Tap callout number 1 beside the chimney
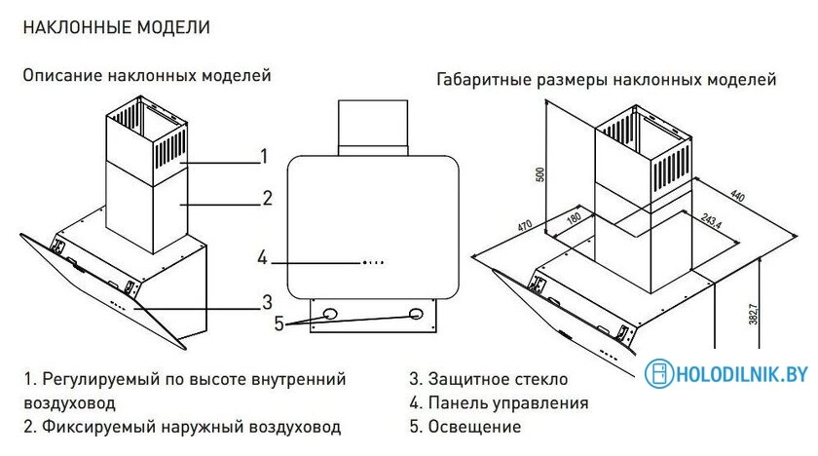click(x=263, y=156)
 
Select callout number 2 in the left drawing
click(x=267, y=199)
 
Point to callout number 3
click(x=266, y=300)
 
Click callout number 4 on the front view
click(x=262, y=258)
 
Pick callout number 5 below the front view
click(x=279, y=324)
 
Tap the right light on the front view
click(x=417, y=314)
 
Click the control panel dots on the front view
click(x=374, y=261)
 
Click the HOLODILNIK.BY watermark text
click(x=741, y=374)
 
